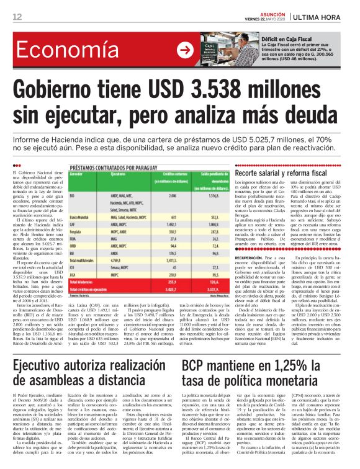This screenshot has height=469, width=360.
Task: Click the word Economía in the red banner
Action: point(62,49)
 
